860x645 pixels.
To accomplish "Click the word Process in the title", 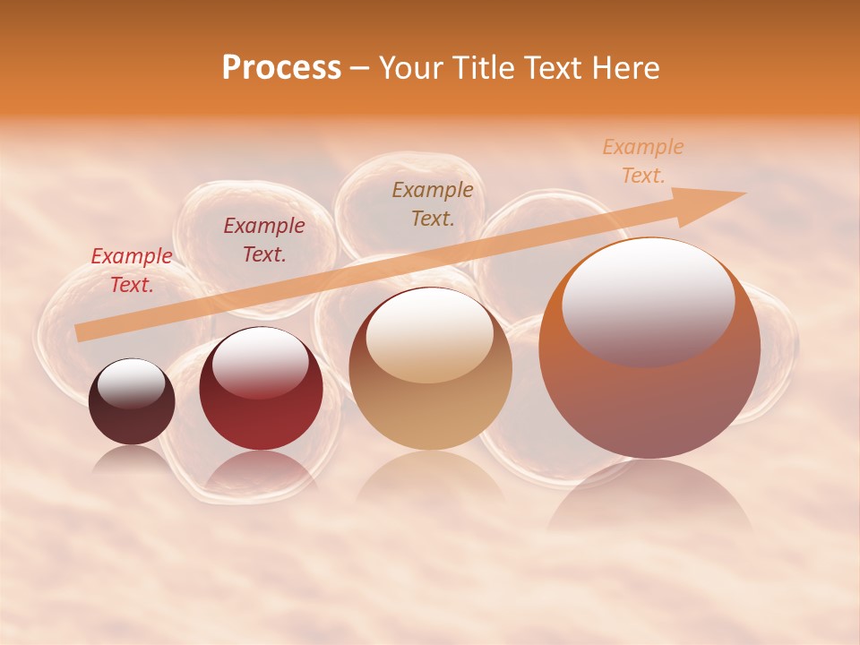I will [x=281, y=68].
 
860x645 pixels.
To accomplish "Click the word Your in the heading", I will [x=411, y=68].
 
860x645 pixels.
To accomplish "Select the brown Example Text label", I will [x=433, y=203].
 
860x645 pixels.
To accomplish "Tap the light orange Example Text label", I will [x=642, y=161].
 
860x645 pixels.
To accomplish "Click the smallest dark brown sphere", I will [x=132, y=402].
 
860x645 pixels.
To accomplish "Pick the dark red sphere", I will [x=261, y=390].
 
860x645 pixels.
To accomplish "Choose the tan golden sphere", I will [x=430, y=369].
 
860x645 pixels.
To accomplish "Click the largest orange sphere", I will [x=649, y=349].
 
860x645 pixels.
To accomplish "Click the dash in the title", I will [x=360, y=68].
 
